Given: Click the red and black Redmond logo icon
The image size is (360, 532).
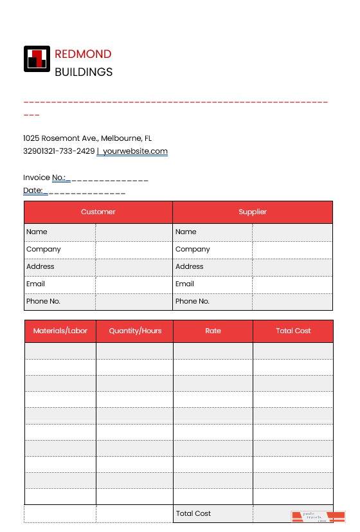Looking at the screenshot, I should point(37,59).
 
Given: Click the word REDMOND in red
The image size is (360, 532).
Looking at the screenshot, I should point(83,54).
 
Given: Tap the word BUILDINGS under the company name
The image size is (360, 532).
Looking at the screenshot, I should point(84,72).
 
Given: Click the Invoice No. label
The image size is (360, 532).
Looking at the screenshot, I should point(44,178).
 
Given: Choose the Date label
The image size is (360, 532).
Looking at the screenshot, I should point(33,190).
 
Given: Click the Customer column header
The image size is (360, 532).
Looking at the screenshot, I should point(98,212).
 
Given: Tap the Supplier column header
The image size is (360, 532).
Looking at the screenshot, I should point(253,212).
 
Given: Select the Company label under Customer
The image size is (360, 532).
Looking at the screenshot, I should point(44,249).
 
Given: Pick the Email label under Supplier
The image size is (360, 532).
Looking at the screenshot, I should point(184,284).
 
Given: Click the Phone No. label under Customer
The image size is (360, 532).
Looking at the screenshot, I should point(43,301).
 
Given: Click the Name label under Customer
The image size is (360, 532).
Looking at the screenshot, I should point(37,232).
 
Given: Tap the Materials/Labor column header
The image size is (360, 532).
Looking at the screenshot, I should point(60,331).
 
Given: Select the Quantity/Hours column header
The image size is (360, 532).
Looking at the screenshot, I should point(135,331).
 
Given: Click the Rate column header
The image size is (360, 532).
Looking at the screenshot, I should point(213,331).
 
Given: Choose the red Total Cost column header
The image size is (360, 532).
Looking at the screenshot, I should point(293,331).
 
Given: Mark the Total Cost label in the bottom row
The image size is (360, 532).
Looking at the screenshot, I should point(194,513).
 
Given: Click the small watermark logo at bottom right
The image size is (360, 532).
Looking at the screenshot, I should point(318,517).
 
